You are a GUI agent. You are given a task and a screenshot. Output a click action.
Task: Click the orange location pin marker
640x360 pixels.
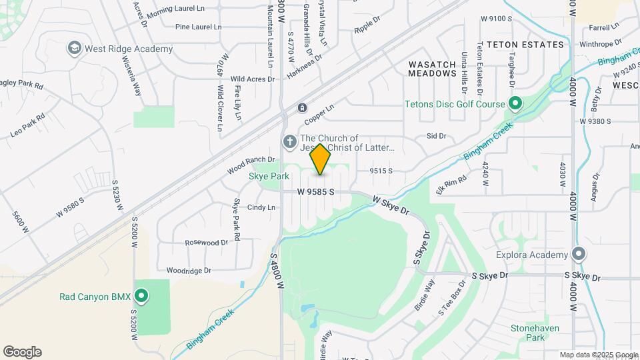(x=320, y=159)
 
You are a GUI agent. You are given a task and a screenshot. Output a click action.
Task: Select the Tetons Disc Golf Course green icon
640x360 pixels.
(x=515, y=104)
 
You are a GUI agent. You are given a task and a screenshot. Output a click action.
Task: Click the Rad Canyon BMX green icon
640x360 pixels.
(x=141, y=296)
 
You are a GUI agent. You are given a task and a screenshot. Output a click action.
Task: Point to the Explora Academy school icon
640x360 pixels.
(x=579, y=255)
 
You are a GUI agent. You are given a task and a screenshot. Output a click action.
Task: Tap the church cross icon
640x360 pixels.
(x=289, y=141)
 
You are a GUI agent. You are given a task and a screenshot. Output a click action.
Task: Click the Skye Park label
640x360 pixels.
(x=269, y=177)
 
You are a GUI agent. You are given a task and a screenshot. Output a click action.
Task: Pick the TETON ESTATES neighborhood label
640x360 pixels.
(x=525, y=45)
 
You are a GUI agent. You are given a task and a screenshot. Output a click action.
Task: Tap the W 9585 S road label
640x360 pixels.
(x=315, y=192)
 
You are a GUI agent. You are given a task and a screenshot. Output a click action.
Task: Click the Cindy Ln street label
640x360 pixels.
(x=261, y=207)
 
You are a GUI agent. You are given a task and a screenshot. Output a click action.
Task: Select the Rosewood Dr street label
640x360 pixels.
(x=207, y=243)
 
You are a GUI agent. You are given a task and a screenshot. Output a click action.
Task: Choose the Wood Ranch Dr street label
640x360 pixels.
(x=251, y=165)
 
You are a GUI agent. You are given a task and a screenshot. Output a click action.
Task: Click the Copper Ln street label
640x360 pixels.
(x=319, y=113)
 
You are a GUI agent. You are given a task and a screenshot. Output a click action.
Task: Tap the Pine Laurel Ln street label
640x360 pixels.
(x=198, y=27)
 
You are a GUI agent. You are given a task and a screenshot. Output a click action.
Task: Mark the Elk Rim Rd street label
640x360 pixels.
(x=451, y=182)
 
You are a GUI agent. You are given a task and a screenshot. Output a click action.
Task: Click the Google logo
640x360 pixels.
(x=22, y=352)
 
